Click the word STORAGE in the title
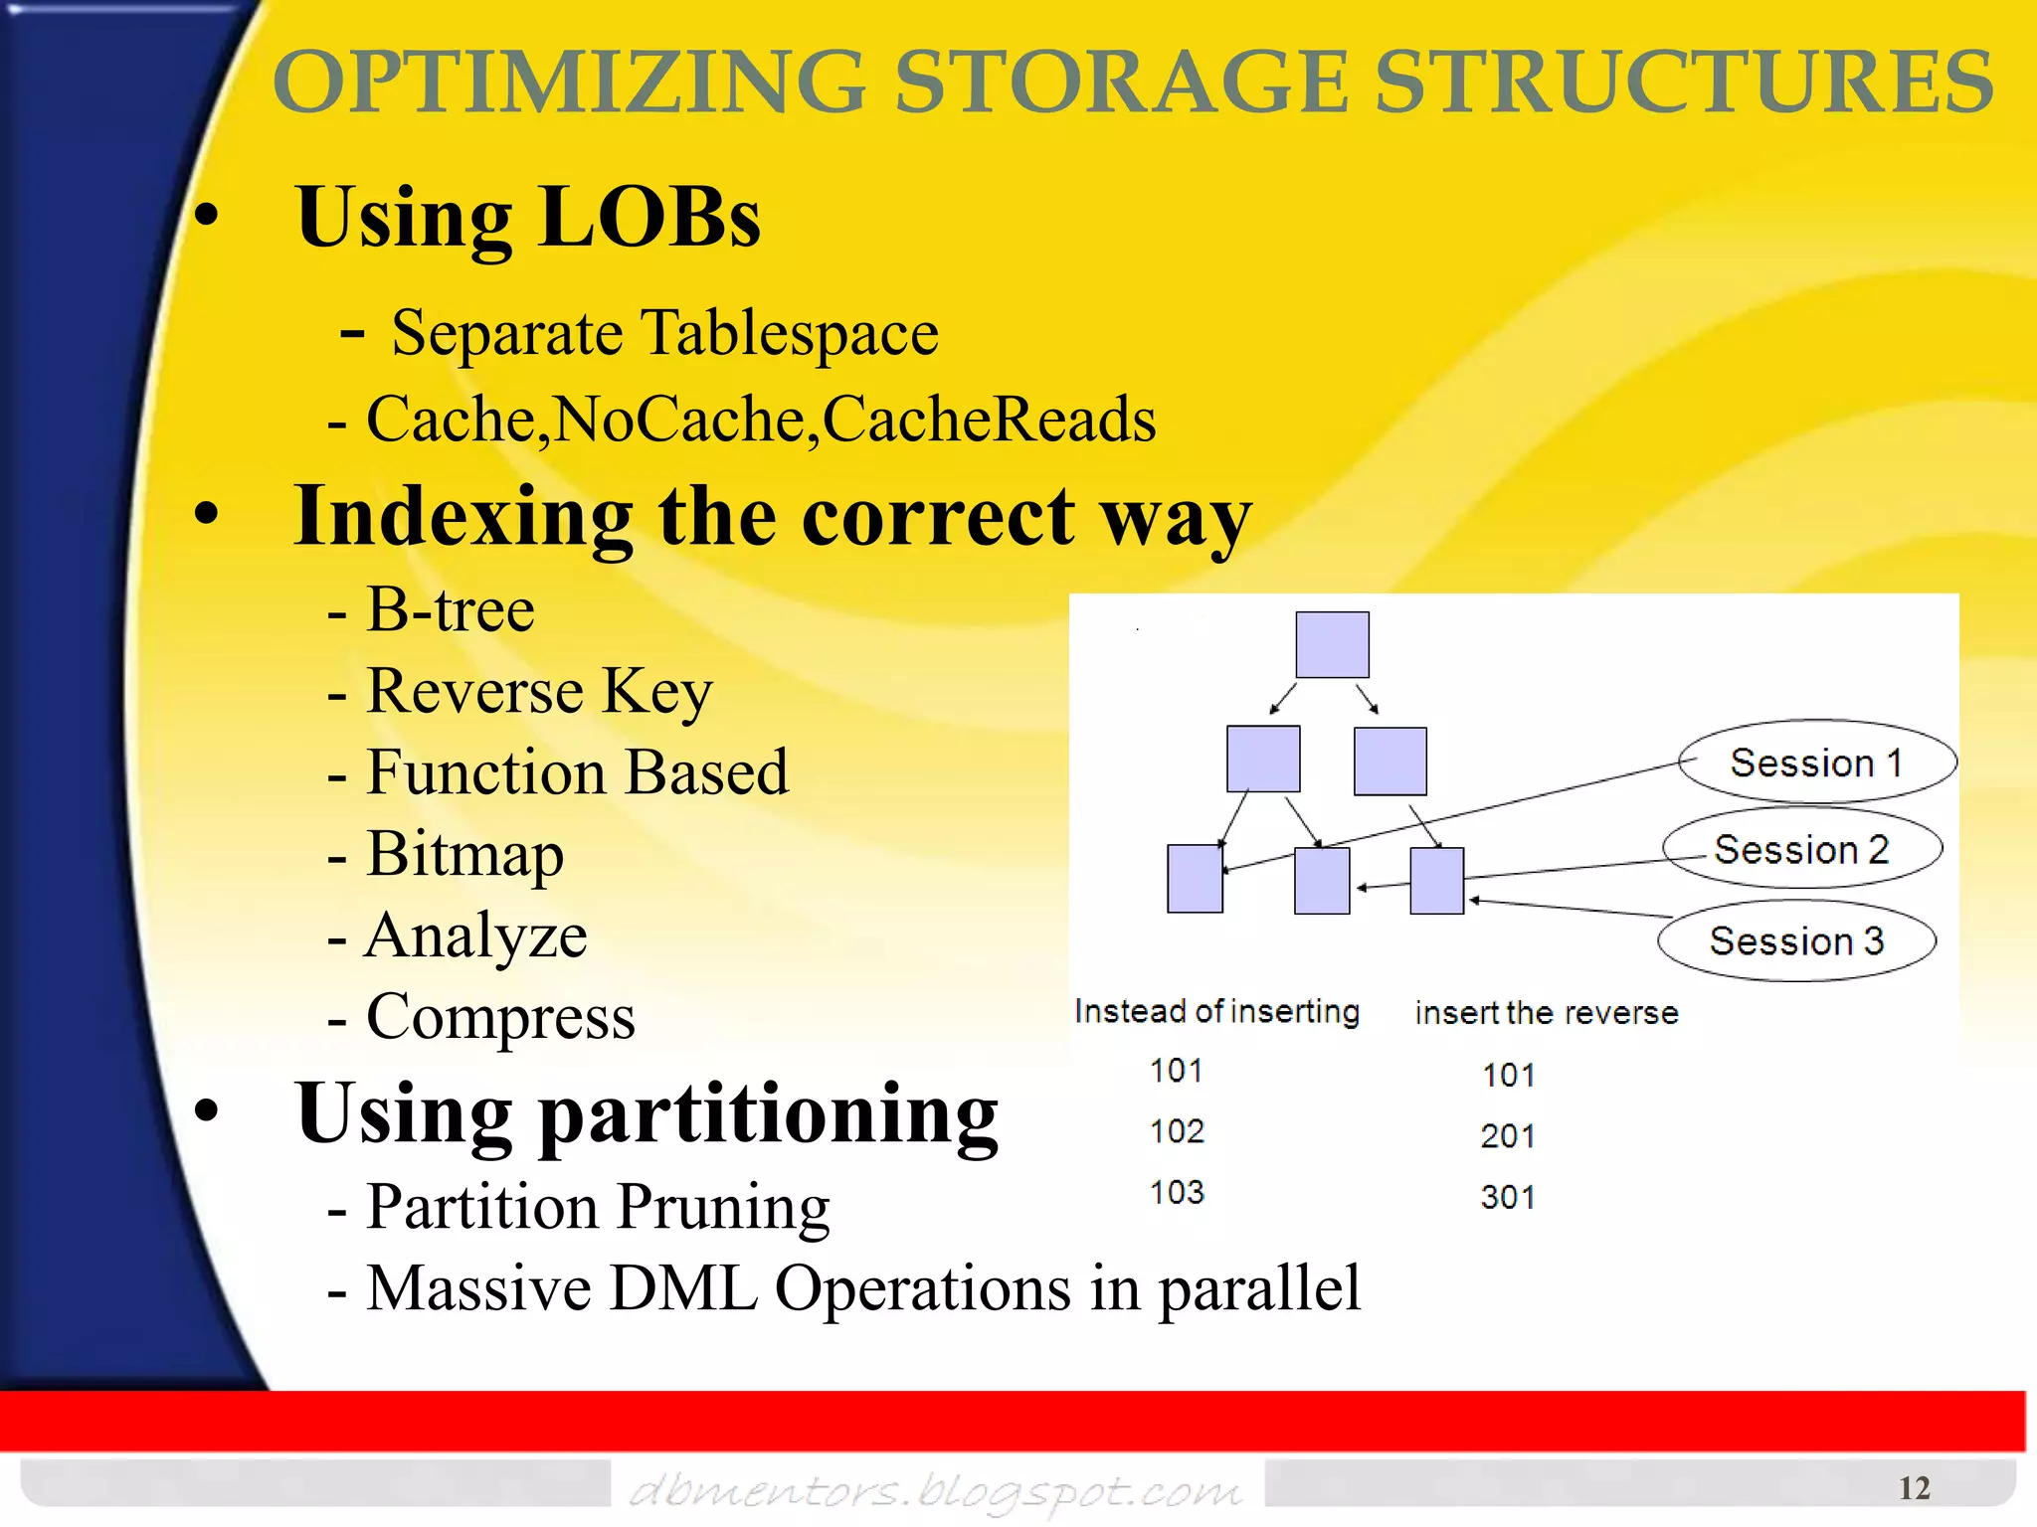pos(1121,84)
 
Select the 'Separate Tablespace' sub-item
pos(663,333)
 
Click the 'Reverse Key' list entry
pos(539,691)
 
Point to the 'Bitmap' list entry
pos(464,854)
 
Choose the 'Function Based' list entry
pos(577,772)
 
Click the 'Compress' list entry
pos(500,1017)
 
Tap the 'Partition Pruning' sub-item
pos(597,1208)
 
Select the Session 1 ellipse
pos(1816,763)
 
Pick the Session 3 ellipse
pos(1796,940)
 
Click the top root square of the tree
pos(1332,645)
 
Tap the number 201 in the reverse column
pos(1507,1136)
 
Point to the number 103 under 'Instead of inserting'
pos(1177,1192)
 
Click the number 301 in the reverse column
pos(1507,1197)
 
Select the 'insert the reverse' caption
pos(1546,1013)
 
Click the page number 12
pos(1914,1488)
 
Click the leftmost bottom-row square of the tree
pos(1195,879)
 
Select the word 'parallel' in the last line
pos(1259,1289)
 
